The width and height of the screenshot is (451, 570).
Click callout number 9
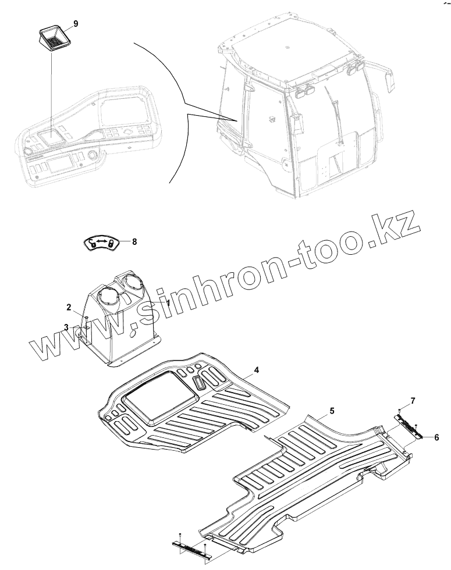(75, 24)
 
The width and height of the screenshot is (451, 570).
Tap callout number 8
(134, 241)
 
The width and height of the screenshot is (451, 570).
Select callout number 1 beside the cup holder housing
(168, 303)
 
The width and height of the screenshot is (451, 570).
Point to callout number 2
(69, 307)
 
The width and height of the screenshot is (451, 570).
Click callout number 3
(66, 327)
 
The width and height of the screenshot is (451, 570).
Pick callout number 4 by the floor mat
(255, 370)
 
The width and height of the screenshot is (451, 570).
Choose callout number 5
(332, 411)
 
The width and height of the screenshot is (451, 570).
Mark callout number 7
(413, 401)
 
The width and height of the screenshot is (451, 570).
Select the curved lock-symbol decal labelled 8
(103, 243)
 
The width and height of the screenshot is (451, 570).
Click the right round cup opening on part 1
(134, 284)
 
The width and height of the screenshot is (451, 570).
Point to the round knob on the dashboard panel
(91, 155)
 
